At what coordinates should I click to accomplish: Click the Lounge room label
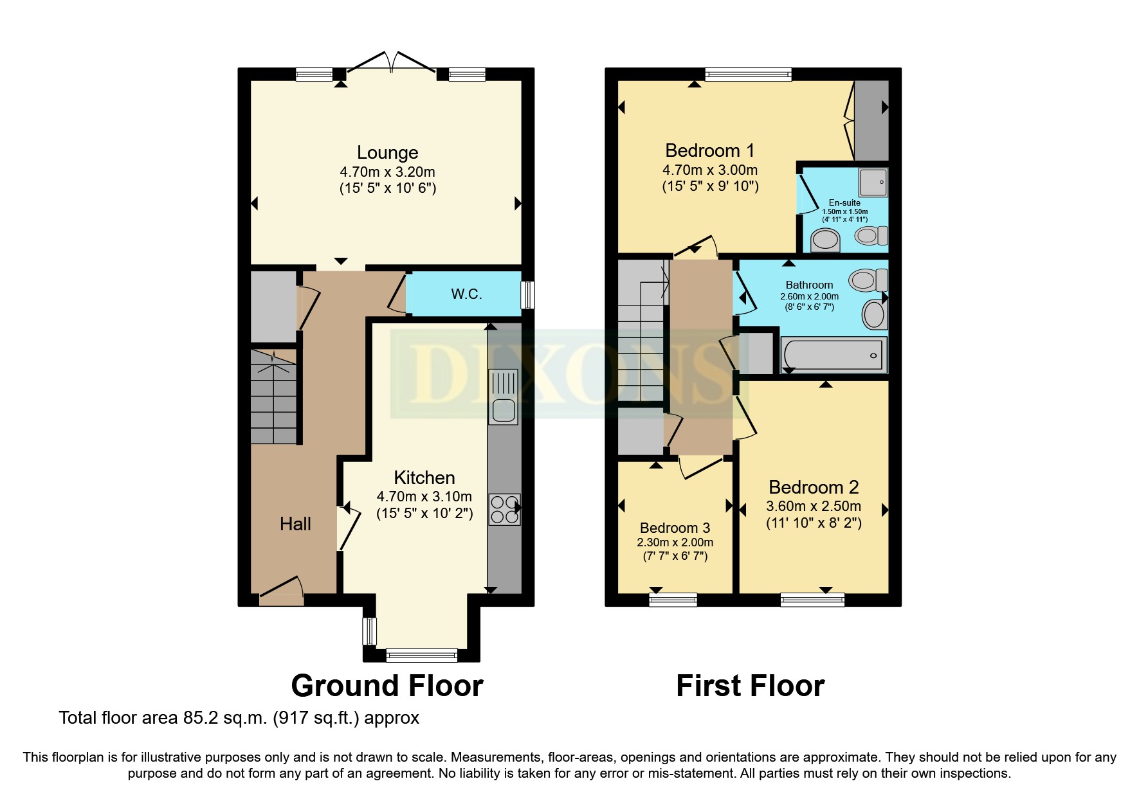click(387, 153)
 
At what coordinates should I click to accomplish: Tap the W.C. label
click(466, 294)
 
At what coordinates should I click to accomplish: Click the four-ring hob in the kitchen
click(504, 509)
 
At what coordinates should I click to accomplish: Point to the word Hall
click(295, 524)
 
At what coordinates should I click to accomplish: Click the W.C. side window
click(527, 295)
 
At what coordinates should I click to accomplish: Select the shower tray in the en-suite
click(873, 182)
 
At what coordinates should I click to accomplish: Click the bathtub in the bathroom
click(833, 355)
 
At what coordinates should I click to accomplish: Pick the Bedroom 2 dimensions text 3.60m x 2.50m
click(814, 506)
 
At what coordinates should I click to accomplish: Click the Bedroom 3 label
click(675, 528)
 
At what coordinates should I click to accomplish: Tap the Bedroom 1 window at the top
click(748, 75)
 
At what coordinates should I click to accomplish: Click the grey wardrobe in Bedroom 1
click(871, 121)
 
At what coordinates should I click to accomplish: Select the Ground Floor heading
click(387, 686)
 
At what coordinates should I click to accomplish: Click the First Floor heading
click(750, 686)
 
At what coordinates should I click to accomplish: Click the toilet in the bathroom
click(868, 280)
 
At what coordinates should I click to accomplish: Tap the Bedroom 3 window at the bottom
click(673, 600)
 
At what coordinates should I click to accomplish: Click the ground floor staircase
click(274, 397)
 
